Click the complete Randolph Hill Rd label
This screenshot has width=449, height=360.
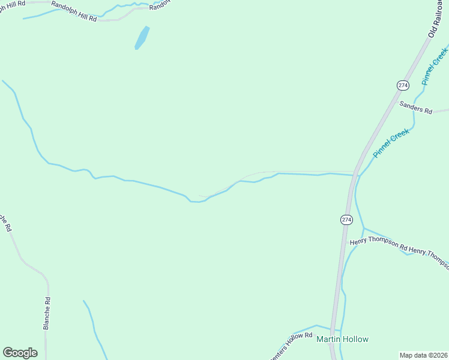(x=74, y=11)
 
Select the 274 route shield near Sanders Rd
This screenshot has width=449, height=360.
(x=403, y=85)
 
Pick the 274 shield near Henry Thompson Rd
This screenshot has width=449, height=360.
(x=346, y=220)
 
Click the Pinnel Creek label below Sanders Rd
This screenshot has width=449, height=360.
(x=391, y=143)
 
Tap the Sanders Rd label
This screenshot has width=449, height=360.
(x=415, y=107)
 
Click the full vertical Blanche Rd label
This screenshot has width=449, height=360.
(x=46, y=313)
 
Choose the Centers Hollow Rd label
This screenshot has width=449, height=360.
(x=292, y=346)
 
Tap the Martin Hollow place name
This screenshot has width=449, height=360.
(x=342, y=339)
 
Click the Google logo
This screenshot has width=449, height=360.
(x=20, y=353)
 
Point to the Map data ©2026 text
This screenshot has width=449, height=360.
(x=423, y=355)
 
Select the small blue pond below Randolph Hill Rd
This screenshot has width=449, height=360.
(x=142, y=37)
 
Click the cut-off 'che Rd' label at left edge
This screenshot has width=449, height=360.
(x=5, y=223)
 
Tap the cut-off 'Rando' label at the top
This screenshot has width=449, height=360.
(x=160, y=5)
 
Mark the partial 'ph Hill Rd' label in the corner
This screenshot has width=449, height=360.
(x=12, y=3)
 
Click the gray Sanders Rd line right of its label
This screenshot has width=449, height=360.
(x=441, y=111)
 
